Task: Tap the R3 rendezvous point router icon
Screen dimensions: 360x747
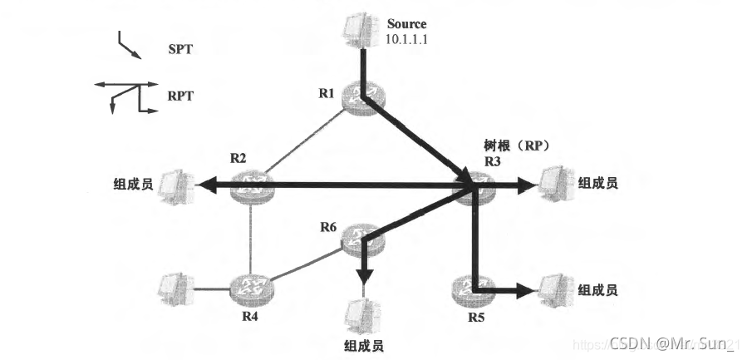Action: click(x=474, y=190)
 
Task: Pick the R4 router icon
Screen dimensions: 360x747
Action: click(x=249, y=288)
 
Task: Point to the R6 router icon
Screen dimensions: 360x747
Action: click(x=363, y=239)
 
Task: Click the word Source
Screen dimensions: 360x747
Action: click(x=406, y=24)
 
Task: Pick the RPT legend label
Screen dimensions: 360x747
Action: click(x=180, y=96)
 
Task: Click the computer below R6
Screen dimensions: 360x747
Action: click(x=362, y=313)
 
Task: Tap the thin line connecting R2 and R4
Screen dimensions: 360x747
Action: click(x=250, y=237)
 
